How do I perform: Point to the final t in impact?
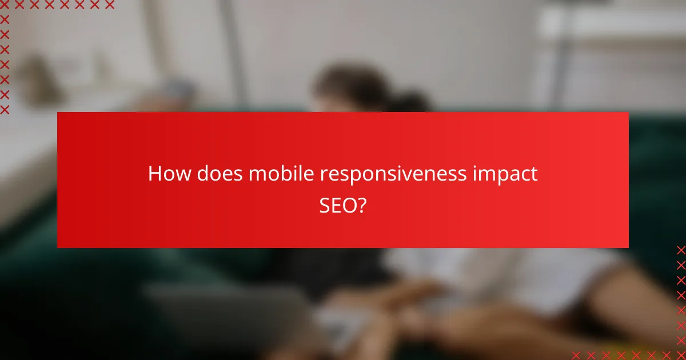tap(534, 174)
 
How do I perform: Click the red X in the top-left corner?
tap(5, 5)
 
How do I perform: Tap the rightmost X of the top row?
tap(110, 5)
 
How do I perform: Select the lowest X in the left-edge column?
tap(5, 109)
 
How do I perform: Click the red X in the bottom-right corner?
tap(681, 355)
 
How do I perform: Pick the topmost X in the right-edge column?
tap(681, 250)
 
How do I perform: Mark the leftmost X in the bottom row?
tap(576, 355)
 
